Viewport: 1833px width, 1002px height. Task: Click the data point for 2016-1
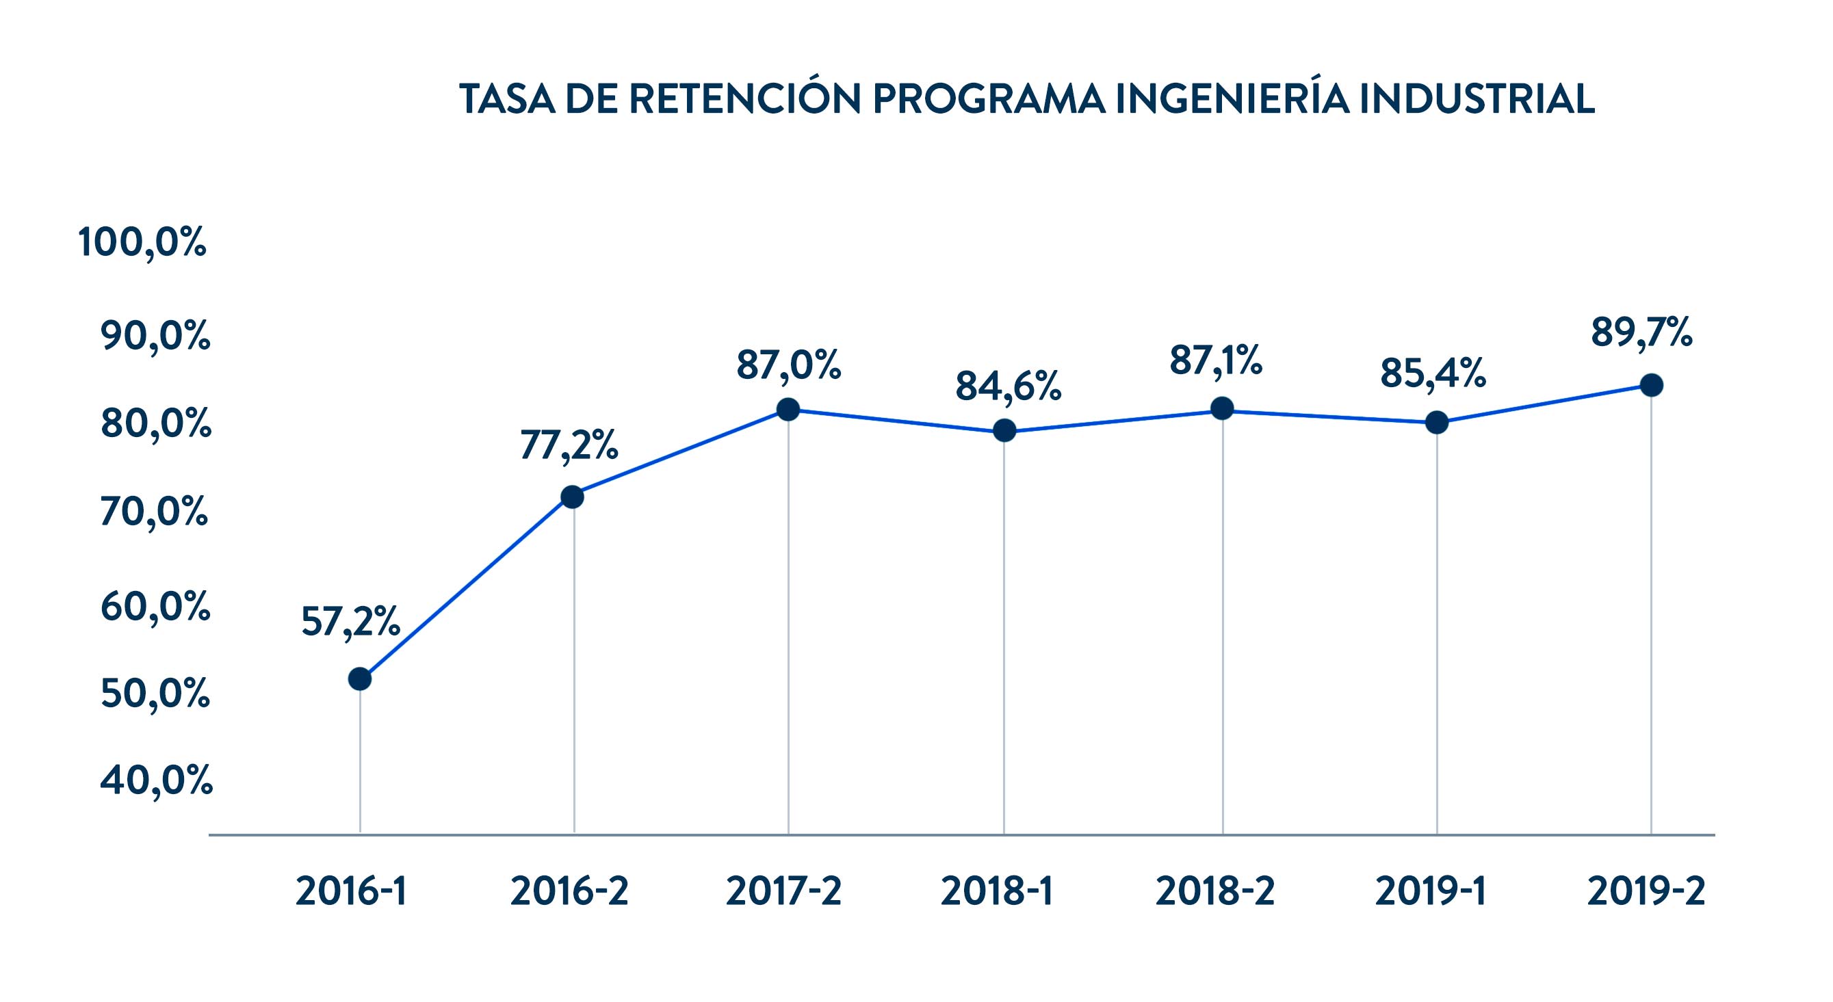click(360, 678)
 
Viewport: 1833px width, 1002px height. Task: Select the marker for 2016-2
click(573, 497)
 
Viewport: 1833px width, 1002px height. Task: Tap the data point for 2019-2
click(1651, 386)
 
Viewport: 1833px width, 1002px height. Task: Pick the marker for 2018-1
click(1004, 430)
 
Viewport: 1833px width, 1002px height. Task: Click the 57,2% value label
click(350, 622)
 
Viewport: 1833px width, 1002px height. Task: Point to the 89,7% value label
click(1641, 332)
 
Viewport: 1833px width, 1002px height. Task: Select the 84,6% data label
click(1008, 387)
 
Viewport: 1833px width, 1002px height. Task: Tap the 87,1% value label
click(1216, 360)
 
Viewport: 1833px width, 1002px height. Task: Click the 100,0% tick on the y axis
click(142, 243)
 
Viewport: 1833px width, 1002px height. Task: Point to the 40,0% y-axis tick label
click(156, 781)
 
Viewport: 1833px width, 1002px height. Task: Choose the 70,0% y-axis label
click(155, 512)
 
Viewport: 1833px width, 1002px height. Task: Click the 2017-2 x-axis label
click(783, 891)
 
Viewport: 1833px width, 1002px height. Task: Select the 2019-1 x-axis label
click(1430, 891)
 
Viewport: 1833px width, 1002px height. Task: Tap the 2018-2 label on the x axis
click(1215, 891)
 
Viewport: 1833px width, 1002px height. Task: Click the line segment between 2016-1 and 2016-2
click(466, 588)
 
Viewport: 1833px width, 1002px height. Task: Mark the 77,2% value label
click(569, 445)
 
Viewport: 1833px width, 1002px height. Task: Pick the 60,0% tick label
click(155, 607)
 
